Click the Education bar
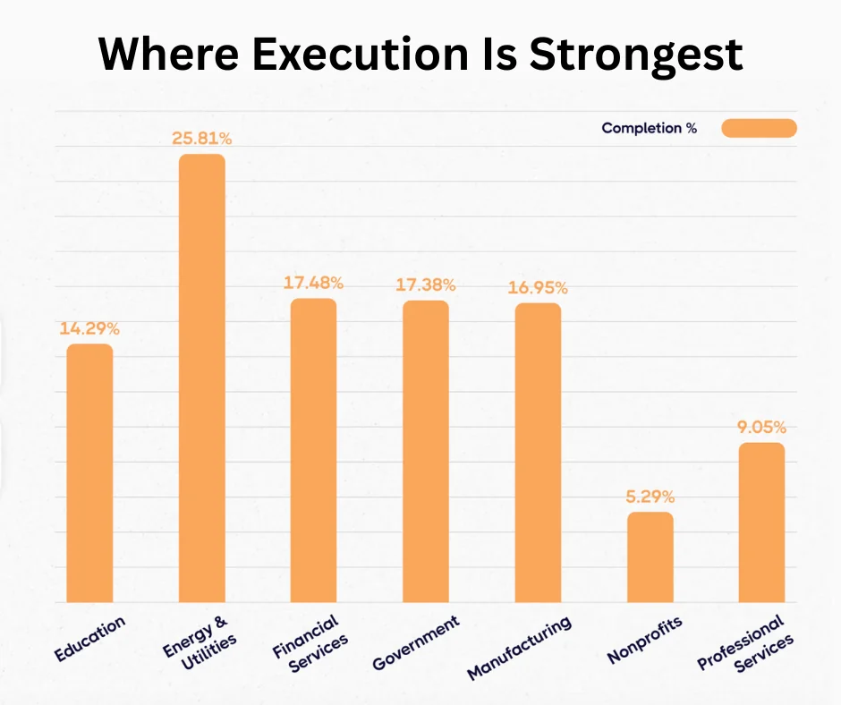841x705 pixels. pyautogui.click(x=90, y=472)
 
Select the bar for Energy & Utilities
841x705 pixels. pyautogui.click(x=202, y=378)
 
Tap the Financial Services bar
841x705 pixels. pyautogui.click(x=313, y=450)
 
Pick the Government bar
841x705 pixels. pyautogui.click(x=426, y=451)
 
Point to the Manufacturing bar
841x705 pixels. pyautogui.click(x=538, y=452)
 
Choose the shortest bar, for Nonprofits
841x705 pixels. pyautogui.click(x=650, y=556)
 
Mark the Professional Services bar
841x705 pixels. pyautogui.click(x=761, y=522)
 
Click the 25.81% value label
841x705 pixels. pyautogui.click(x=202, y=139)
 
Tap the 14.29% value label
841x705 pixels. pyautogui.click(x=89, y=328)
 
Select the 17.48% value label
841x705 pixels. pyautogui.click(x=313, y=283)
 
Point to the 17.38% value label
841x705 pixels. pyautogui.click(x=426, y=285)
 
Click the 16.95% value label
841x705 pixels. pyautogui.click(x=538, y=287)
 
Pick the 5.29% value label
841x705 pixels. pyautogui.click(x=650, y=497)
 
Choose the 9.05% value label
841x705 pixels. pyautogui.click(x=761, y=427)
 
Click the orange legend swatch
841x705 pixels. pyautogui.click(x=759, y=128)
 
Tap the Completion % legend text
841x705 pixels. pyautogui.click(x=649, y=128)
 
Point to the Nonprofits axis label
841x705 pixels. pyautogui.click(x=644, y=640)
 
